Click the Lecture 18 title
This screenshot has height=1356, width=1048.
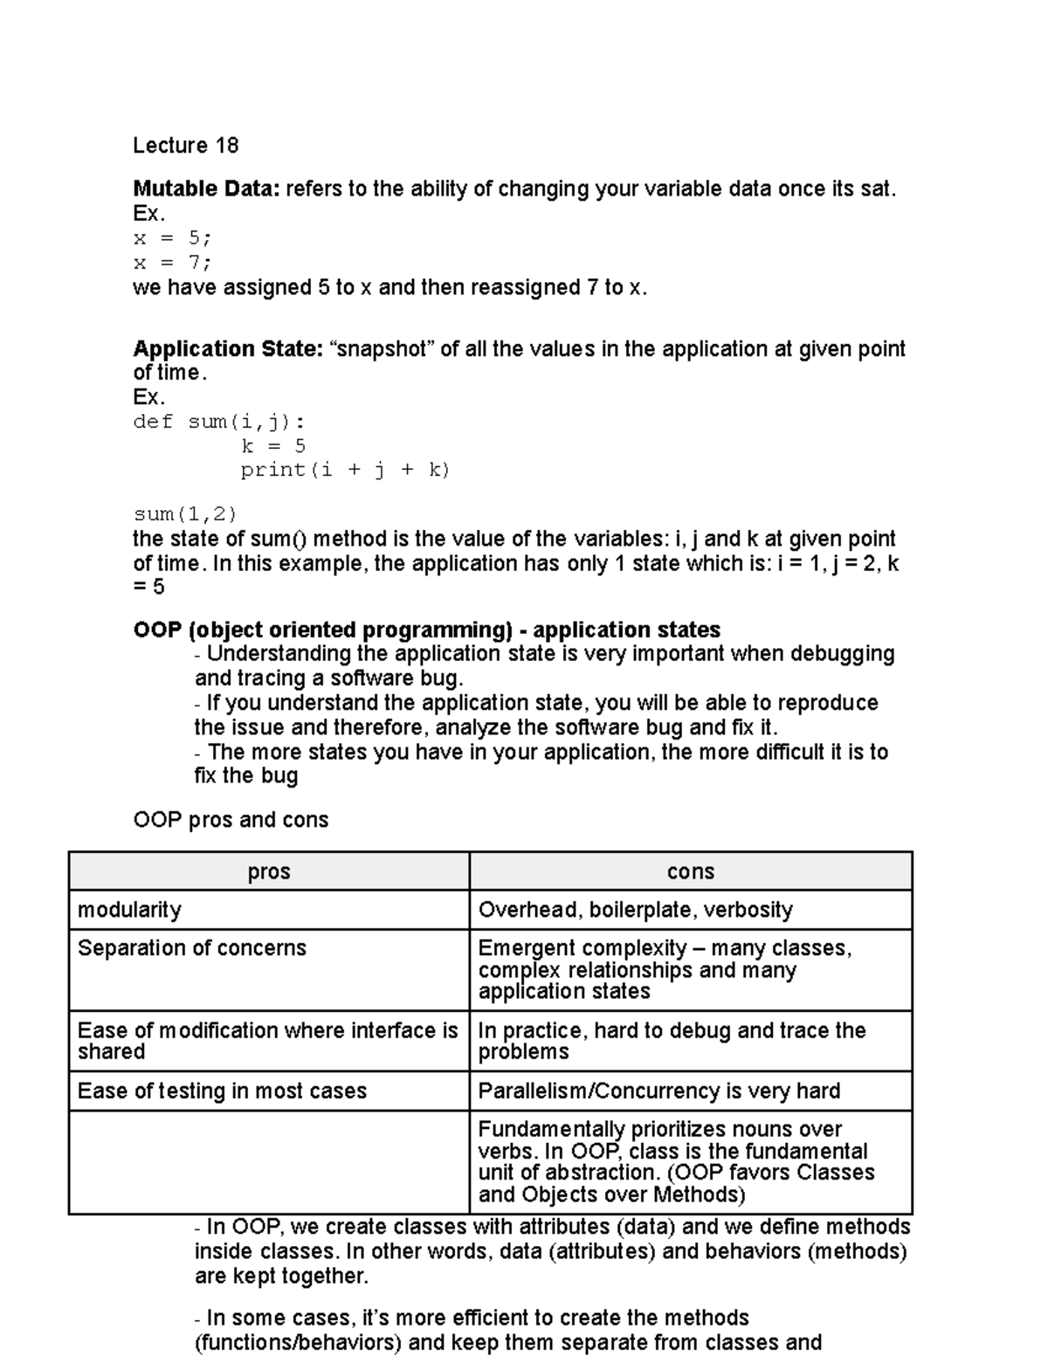[x=185, y=145]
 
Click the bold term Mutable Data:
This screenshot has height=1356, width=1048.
[x=206, y=189]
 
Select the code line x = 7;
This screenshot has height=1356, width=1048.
[x=172, y=263]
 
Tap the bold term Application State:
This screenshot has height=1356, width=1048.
[x=228, y=349]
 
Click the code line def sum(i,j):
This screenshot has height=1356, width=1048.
[x=219, y=423]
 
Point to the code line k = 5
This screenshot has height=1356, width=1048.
[x=273, y=446]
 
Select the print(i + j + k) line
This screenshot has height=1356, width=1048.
[x=345, y=470]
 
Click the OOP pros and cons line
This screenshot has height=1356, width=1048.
[x=231, y=820]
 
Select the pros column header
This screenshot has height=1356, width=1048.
[x=269, y=871]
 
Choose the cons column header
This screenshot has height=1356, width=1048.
[x=690, y=871]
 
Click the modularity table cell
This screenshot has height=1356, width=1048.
[x=130, y=910]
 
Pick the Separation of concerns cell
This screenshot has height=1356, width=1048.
[x=192, y=948]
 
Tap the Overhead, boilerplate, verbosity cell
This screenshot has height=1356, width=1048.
[x=635, y=910]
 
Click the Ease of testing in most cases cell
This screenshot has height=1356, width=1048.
[x=222, y=1091]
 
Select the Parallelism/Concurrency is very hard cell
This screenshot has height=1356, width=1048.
[x=658, y=1091]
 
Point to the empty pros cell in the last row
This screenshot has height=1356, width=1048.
[x=269, y=1161]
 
